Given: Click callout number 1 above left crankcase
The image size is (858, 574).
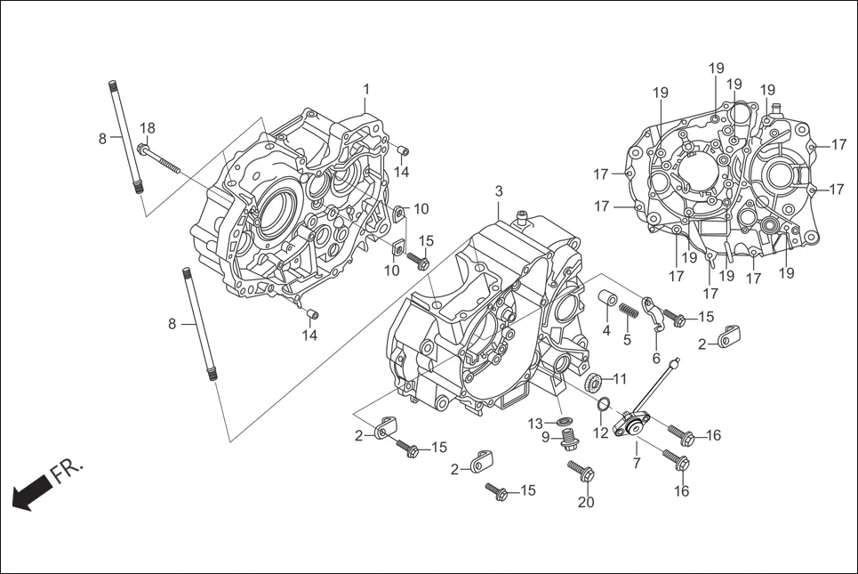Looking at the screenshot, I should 365,89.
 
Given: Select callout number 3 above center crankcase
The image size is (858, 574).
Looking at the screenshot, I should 499,191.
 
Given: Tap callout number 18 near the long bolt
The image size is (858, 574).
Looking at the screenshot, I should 148,128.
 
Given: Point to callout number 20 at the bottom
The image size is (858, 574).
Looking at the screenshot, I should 585,502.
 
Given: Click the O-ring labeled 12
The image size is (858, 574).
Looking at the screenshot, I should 603,406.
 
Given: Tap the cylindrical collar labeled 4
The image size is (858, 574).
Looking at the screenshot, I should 608,298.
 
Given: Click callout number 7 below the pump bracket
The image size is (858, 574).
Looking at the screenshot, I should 637,464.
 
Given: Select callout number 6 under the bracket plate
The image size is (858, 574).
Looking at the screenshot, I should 656,358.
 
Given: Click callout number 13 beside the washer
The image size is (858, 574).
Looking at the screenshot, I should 536,422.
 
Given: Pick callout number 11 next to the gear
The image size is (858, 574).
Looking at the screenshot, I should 620,378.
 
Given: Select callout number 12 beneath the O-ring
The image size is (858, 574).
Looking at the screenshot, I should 601,433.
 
